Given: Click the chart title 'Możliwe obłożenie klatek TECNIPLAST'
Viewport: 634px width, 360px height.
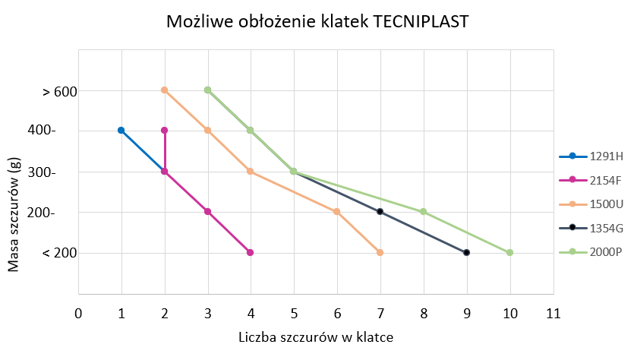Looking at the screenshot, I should coord(317,22).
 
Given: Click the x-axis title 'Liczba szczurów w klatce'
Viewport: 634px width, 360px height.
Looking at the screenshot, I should coord(316,336).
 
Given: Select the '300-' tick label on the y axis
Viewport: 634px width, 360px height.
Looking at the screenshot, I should coord(63,172).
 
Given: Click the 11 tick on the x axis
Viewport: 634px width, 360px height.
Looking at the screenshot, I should coord(553,313).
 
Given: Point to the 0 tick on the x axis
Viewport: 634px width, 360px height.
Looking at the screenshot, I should coord(78,313).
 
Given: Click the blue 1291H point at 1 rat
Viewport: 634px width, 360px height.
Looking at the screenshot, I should coord(121,131).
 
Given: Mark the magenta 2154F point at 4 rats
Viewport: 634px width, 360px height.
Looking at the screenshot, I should coord(251,252).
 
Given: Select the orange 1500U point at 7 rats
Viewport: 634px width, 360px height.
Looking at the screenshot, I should coord(380,252).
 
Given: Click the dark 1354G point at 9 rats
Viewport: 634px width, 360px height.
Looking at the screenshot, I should coord(467,252).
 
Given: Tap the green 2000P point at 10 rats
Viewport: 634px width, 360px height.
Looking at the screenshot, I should coord(510,252).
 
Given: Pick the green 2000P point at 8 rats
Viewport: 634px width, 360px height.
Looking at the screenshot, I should coord(424,212).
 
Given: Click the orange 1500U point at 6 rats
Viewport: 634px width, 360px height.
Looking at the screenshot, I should coord(337,212).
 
